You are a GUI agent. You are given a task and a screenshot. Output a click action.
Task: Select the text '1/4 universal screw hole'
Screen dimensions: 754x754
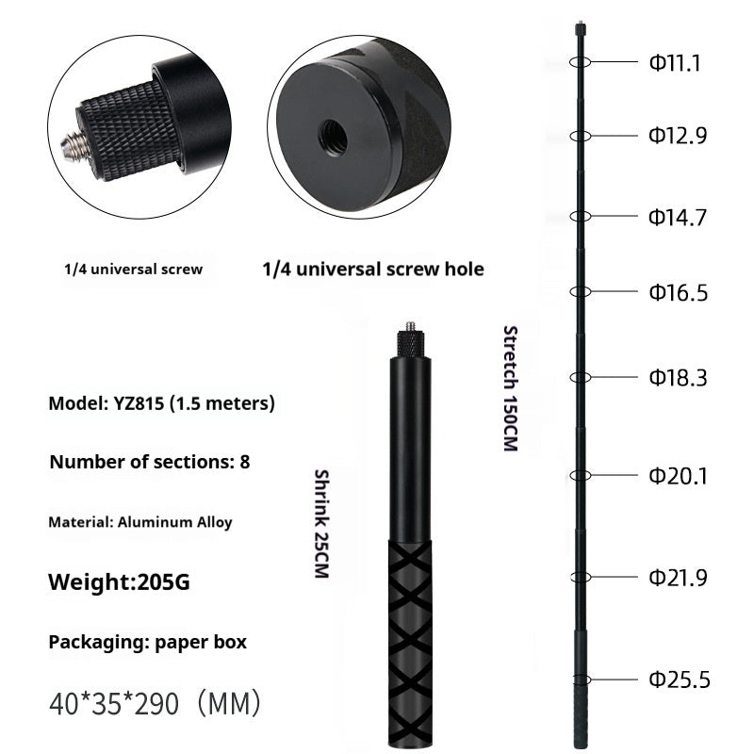tap(372, 270)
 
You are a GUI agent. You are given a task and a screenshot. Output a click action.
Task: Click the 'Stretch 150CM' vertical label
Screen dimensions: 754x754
tap(510, 387)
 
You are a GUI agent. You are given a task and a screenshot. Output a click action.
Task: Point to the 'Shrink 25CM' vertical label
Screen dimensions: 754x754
tap(320, 523)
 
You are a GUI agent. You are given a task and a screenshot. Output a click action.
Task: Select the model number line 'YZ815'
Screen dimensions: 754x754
tap(161, 403)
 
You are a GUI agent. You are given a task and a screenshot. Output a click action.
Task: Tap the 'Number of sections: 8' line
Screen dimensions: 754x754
tap(149, 462)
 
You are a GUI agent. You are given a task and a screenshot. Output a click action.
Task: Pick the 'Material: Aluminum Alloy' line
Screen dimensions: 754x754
tap(140, 521)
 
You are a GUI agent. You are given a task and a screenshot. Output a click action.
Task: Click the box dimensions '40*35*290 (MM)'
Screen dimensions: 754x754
tap(155, 702)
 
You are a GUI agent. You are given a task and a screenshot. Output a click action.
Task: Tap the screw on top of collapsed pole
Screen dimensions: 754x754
tap(409, 332)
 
